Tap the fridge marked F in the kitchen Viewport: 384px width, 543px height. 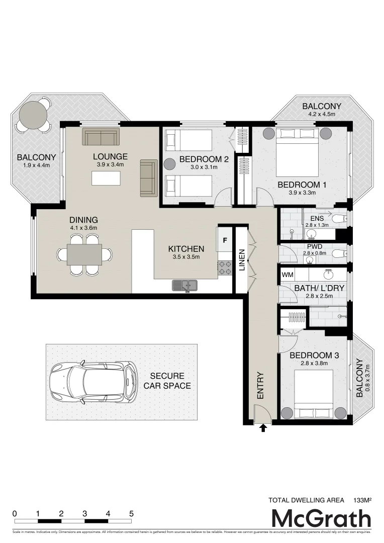(225, 240)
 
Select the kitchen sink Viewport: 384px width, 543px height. (185, 286)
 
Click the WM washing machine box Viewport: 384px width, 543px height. (287, 275)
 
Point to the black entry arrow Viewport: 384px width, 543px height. (263, 428)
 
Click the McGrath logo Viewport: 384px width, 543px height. (321, 518)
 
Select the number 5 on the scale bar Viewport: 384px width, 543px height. (131, 514)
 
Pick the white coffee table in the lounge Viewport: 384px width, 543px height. (106, 178)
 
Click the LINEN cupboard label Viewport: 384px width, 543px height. (242, 259)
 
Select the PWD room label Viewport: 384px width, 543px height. (315, 246)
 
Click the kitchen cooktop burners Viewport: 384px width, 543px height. (224, 267)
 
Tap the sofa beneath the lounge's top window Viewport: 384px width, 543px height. (101, 137)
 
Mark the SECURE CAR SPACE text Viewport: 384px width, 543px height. (167, 381)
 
